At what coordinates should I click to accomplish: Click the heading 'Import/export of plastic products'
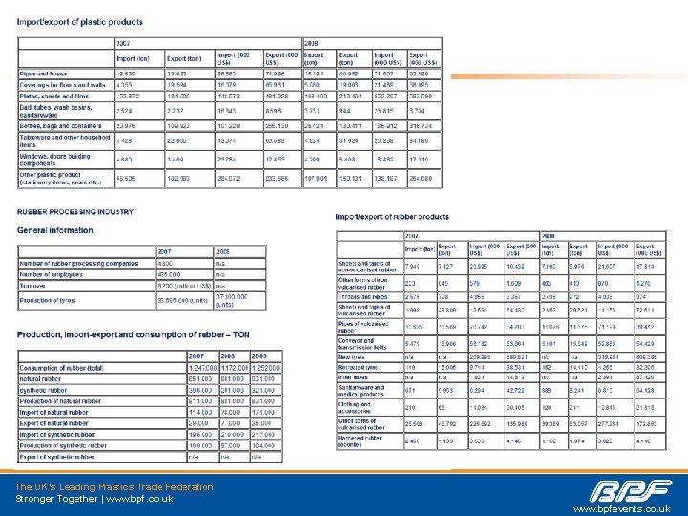tap(80, 22)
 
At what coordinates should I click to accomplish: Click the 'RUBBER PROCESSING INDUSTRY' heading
tap(75, 212)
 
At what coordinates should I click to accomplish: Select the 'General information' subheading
tap(55, 230)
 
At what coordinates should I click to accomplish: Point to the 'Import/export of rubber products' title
tap(392, 217)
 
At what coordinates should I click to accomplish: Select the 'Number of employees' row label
tap(57, 274)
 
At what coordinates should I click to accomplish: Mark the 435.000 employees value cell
tap(170, 274)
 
